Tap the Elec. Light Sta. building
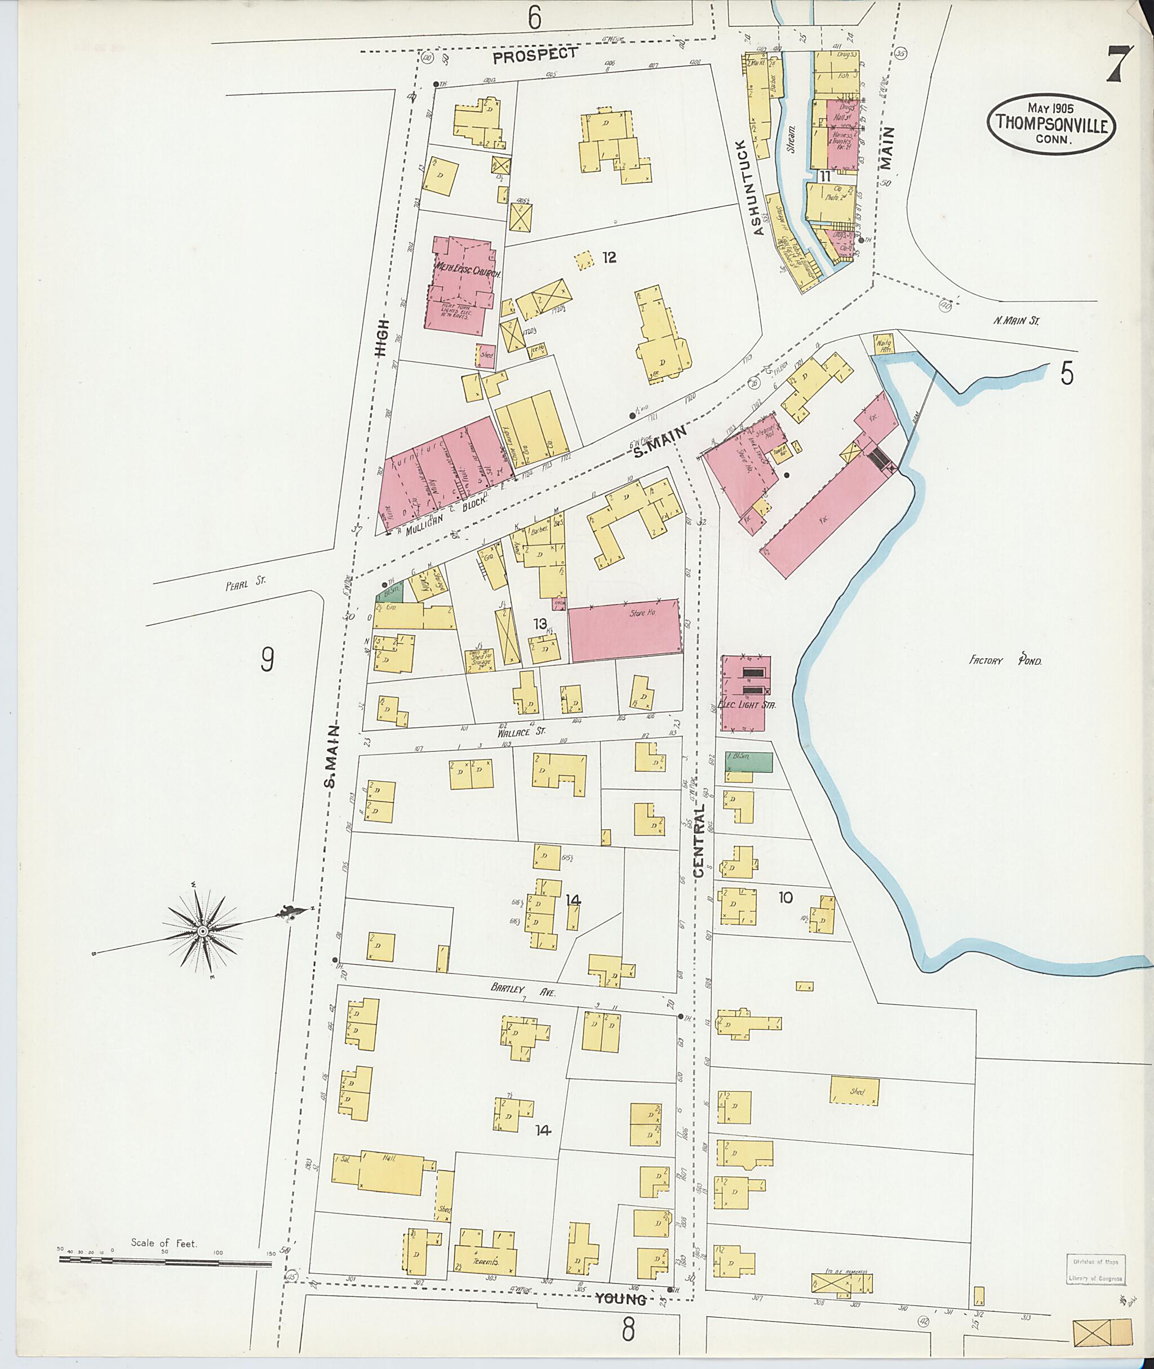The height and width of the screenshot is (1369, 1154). (x=746, y=693)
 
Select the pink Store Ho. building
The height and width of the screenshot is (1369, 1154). (x=625, y=631)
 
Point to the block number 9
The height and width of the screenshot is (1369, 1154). (x=267, y=658)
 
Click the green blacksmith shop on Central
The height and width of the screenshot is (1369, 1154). (x=748, y=762)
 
